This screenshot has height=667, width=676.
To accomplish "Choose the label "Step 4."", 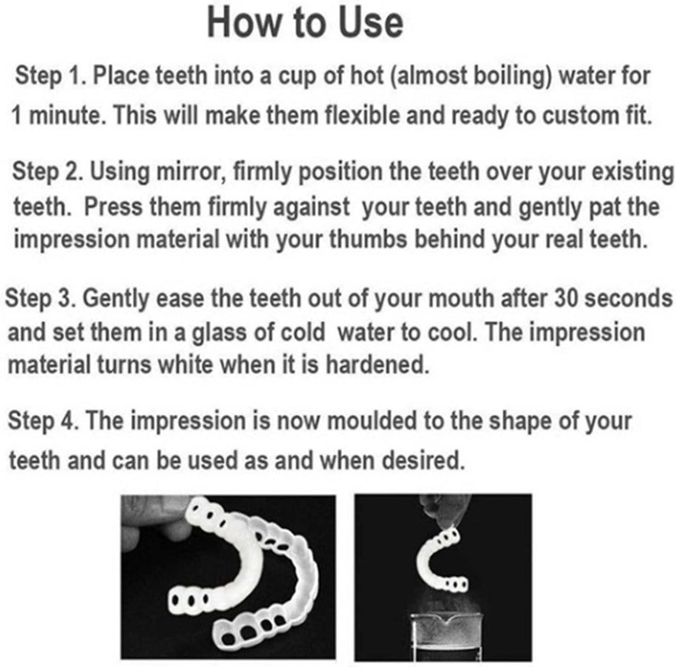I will [43, 421].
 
